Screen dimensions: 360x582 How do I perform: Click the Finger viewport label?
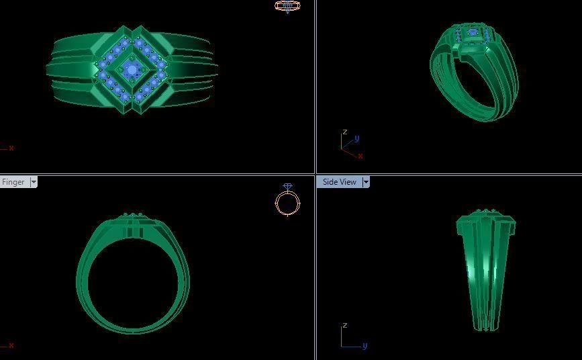coord(13,182)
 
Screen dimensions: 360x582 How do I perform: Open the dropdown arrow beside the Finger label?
coord(34,182)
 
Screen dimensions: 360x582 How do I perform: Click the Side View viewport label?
coord(339,182)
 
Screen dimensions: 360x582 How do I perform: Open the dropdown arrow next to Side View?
coord(366,182)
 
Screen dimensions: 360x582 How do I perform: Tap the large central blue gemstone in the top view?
coord(132,69)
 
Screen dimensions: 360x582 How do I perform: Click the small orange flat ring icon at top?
coord(287,6)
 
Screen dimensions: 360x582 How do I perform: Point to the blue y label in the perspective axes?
coord(357,138)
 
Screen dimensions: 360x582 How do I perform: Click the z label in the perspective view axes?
coord(345,132)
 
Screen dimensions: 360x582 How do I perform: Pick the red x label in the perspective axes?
coord(360,156)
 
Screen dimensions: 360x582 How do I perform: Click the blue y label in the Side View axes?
coord(365,346)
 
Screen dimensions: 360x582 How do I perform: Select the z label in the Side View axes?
coord(345,326)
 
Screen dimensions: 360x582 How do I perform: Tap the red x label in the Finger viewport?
coord(11,345)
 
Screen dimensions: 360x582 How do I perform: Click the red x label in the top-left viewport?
coord(11,148)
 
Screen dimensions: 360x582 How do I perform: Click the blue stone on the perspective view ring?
coord(473,32)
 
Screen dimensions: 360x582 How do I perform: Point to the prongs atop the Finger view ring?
coord(134,216)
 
